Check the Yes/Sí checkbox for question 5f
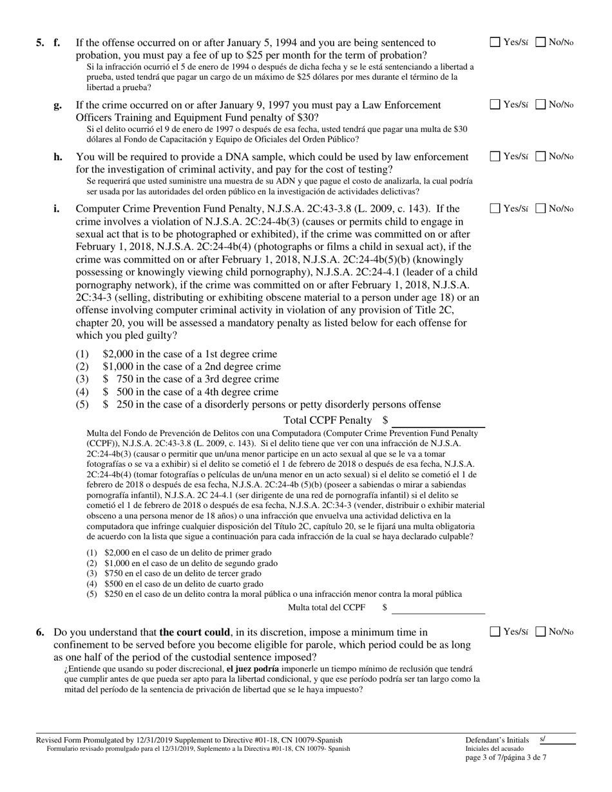(495, 42)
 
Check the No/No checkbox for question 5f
(541, 42)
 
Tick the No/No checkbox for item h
(541, 156)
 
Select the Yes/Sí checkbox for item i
(495, 208)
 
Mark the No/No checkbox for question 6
(541, 632)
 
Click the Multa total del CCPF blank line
(438, 608)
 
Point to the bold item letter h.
(58, 156)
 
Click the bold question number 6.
(41, 632)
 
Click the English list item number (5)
(82, 404)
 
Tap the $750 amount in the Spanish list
(113, 573)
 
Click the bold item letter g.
(58, 105)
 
